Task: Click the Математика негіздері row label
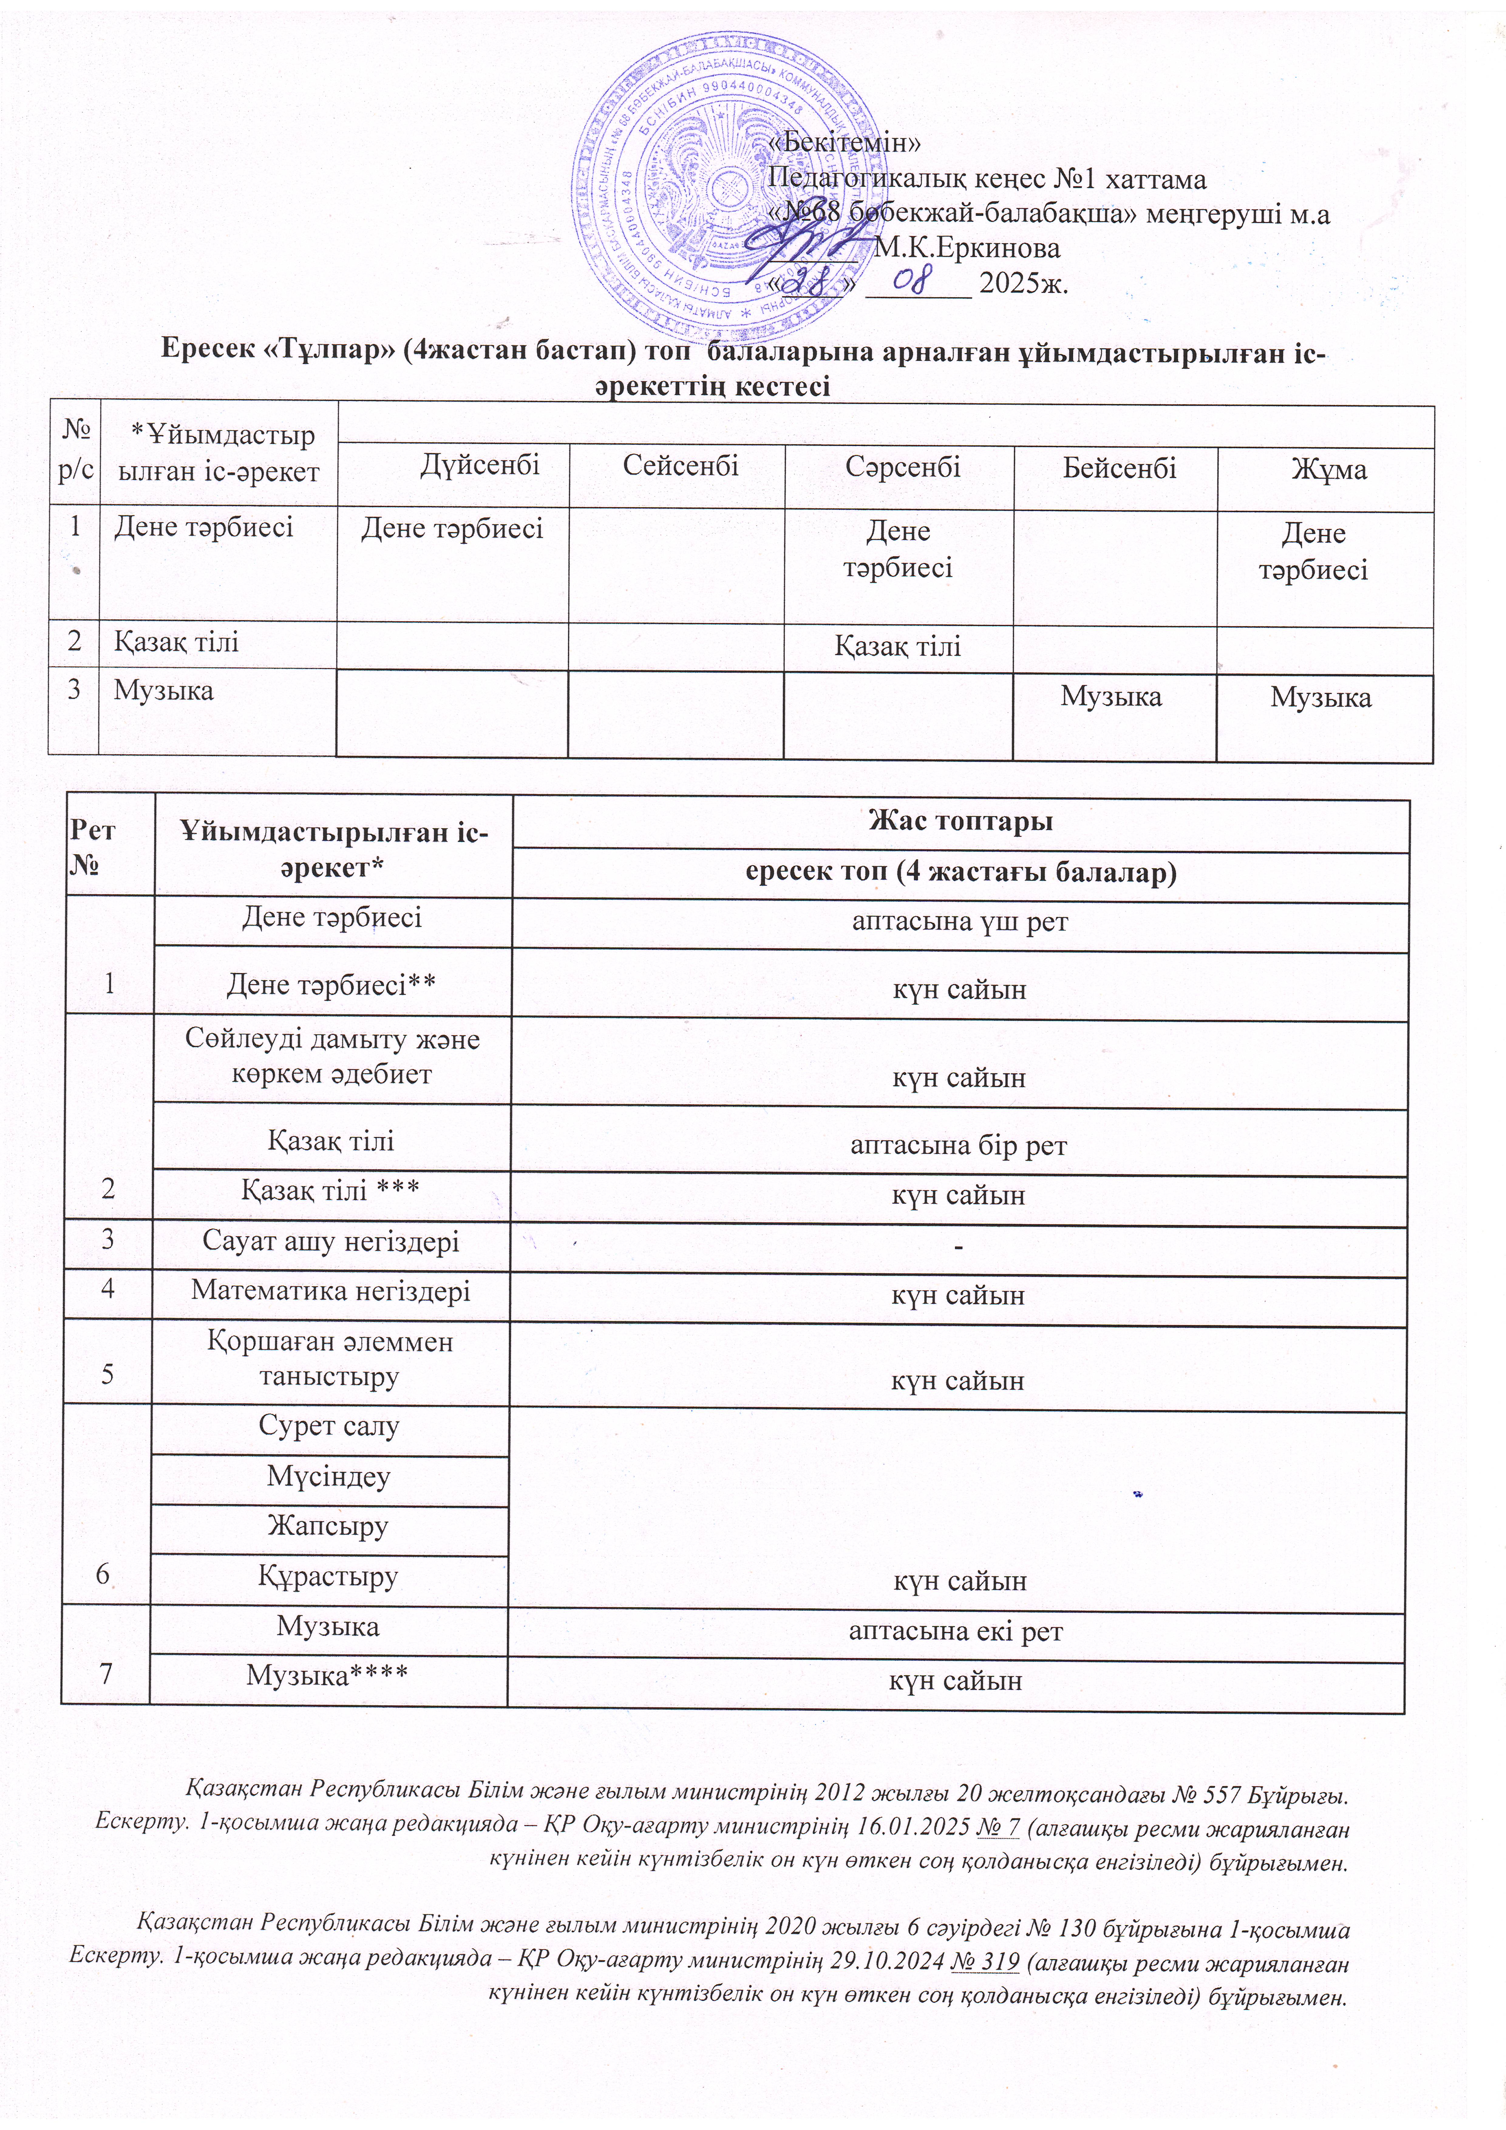click(x=330, y=1291)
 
